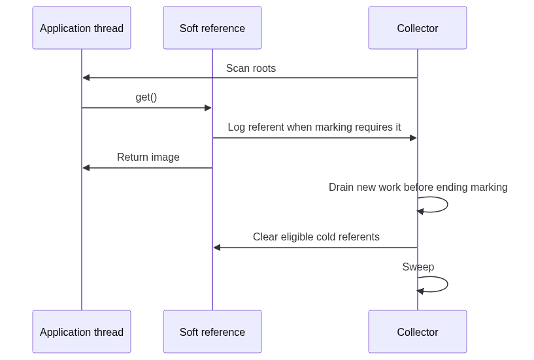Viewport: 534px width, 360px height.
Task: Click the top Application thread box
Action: (82, 27)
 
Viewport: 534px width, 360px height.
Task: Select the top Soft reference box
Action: (212, 27)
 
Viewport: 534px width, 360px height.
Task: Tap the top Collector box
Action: (418, 27)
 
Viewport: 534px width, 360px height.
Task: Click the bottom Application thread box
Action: (82, 331)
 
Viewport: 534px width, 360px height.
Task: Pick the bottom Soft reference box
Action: (212, 331)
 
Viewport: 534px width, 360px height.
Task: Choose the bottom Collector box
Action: (418, 331)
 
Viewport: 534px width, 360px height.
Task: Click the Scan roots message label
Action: (251, 68)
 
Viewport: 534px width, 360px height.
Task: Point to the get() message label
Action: (146, 97)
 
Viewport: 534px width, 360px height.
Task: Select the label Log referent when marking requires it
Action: (314, 127)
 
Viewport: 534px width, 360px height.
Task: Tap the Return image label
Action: (148, 157)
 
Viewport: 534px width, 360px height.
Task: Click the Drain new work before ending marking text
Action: (418, 187)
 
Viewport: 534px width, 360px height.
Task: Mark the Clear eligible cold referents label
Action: (316, 237)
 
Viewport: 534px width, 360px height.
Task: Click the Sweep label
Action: (418, 267)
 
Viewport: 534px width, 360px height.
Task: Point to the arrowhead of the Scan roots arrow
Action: (86, 78)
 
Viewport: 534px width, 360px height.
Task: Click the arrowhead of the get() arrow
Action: (208, 108)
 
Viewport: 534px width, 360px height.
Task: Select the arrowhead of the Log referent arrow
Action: (413, 138)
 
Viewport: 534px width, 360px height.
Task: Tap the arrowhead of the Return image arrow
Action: (86, 168)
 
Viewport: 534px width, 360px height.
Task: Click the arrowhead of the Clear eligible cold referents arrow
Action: (216, 248)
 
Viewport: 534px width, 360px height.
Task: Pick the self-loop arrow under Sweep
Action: (448, 284)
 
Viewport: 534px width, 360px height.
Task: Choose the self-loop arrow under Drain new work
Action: (448, 205)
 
